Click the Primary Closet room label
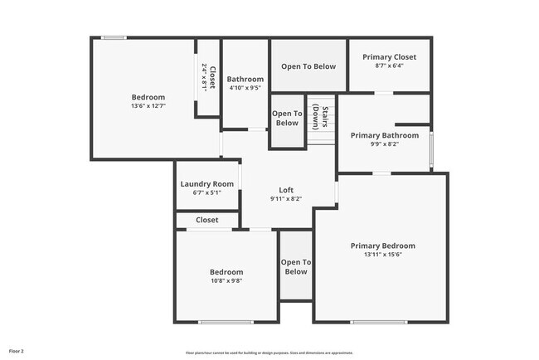point(389,56)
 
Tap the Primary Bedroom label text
point(382,246)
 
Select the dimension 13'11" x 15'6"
point(382,255)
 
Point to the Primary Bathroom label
point(384,135)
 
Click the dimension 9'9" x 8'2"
point(384,144)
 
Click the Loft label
point(286,190)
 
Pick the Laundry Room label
point(207,183)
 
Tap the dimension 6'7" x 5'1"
point(207,192)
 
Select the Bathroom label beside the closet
point(245,80)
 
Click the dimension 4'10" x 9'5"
point(245,88)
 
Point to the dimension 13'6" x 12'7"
point(148,106)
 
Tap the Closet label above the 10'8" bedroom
point(207,220)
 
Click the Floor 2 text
point(17,352)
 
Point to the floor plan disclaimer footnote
point(270,353)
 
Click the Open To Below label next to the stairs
point(287,118)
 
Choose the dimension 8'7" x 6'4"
point(389,66)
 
